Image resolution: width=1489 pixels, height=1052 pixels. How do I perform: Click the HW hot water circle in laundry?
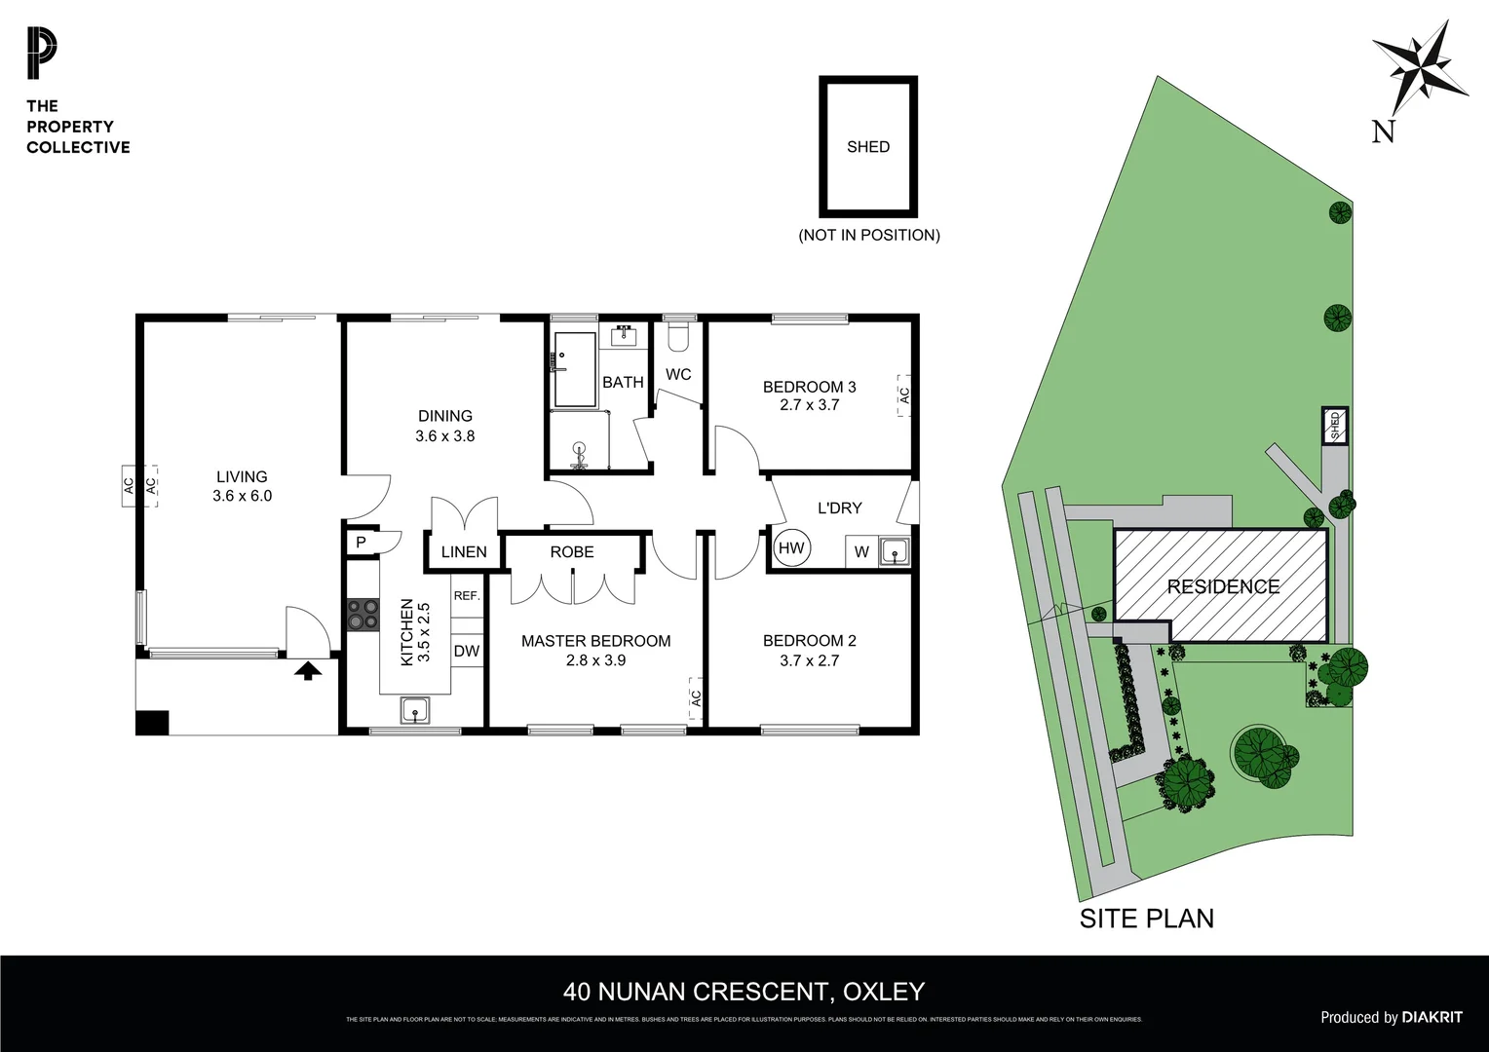point(791,548)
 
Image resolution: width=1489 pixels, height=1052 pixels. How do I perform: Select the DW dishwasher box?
point(467,651)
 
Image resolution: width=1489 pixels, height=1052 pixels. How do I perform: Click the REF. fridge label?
point(467,595)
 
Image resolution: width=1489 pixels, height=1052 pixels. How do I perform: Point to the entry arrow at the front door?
point(308,669)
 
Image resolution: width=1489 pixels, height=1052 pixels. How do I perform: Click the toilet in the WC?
point(678,338)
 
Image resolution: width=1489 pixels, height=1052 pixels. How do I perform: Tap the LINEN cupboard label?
point(464,551)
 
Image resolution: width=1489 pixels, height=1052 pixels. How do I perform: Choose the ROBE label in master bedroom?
point(572,551)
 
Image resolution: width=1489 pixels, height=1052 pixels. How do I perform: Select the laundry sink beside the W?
point(894,552)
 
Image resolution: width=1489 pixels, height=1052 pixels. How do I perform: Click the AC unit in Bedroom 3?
point(903,395)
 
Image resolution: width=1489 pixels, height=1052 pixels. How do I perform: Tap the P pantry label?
point(361,543)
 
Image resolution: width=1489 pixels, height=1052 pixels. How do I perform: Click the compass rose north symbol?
point(1420,70)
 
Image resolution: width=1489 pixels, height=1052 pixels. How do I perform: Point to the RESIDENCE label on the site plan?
point(1223,586)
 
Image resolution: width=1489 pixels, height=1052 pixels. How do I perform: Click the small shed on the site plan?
point(1335,425)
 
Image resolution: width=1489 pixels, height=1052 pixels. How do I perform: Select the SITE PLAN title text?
point(1147,918)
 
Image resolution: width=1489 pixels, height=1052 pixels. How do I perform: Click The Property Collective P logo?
point(42,55)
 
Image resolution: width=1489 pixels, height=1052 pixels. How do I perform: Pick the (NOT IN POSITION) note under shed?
point(868,235)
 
